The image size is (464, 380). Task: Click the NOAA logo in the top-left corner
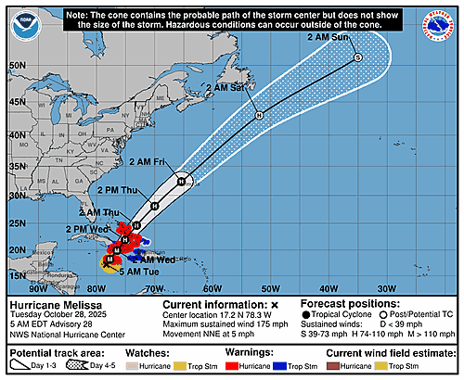[20, 19]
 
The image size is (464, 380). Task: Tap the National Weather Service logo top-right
[443, 19]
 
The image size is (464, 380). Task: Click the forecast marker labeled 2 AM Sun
[358, 57]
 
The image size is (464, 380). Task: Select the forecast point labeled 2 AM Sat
[259, 115]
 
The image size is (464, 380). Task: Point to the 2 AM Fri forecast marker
[184, 179]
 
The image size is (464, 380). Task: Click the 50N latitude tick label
[17, 66]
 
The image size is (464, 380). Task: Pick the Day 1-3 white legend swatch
[20, 367]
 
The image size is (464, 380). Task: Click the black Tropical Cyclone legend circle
[308, 316]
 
